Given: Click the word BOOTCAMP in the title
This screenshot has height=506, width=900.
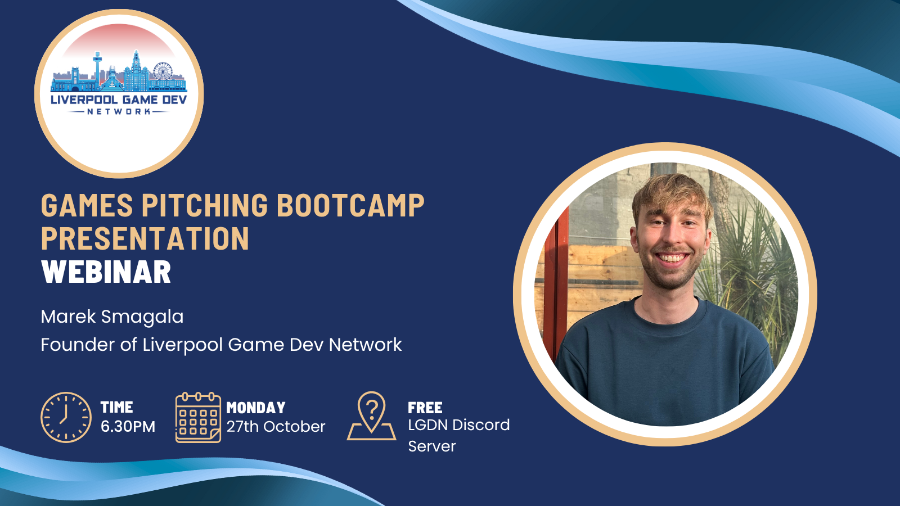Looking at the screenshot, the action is click(x=350, y=205).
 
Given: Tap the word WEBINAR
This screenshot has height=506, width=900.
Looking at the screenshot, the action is click(x=106, y=272).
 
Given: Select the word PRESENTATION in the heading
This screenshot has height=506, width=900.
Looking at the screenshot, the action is click(x=145, y=238).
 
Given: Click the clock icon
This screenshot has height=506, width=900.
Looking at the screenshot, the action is click(x=66, y=418).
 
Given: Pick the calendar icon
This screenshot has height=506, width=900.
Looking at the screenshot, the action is click(x=198, y=418).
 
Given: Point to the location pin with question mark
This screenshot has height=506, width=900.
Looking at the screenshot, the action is click(x=371, y=415).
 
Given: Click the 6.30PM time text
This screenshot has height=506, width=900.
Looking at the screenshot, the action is click(x=128, y=427).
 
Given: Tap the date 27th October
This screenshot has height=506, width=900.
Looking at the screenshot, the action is click(x=276, y=427).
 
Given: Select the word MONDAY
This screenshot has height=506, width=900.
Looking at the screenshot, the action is click(x=256, y=408).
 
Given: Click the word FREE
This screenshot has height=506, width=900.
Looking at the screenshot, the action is click(x=425, y=408).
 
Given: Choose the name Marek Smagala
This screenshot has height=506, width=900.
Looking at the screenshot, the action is click(x=112, y=317).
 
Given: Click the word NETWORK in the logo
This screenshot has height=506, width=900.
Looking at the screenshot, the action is click(x=119, y=111).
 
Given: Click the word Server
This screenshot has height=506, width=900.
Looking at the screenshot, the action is click(x=432, y=446).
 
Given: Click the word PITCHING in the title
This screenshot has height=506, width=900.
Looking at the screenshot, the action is click(x=205, y=205).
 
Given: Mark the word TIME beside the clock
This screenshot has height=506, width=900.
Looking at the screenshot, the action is click(x=116, y=407).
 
